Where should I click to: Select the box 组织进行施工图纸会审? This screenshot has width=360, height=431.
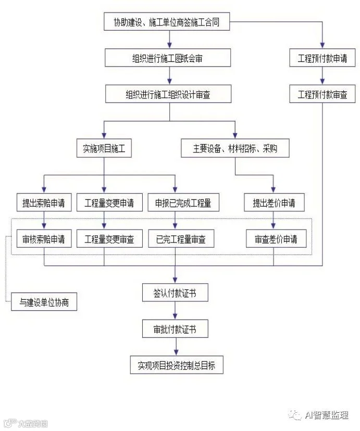tap(167, 58)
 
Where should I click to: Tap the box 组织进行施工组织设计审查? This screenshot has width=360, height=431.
tap(167, 94)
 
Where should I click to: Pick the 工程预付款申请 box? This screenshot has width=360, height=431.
tap(322, 58)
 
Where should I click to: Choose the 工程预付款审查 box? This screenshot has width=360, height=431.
tap(322, 94)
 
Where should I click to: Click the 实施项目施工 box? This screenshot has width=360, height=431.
tap(104, 148)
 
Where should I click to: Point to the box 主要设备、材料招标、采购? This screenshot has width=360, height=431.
tap(235, 148)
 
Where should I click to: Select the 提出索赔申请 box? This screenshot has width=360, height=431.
tap(44, 202)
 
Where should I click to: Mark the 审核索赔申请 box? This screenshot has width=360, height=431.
tap(44, 239)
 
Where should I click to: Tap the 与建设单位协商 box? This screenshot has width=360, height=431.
tap(44, 302)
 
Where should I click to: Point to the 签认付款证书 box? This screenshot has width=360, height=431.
tap(175, 293)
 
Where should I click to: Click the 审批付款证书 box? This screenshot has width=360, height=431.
tap(175, 329)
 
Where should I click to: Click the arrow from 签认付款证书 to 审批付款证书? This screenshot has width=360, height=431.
tap(175, 311)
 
